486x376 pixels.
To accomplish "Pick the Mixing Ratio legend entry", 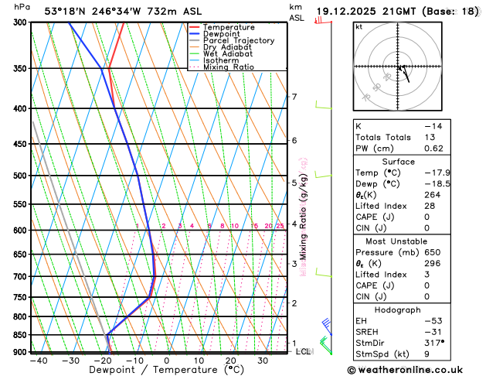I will (x=226, y=67).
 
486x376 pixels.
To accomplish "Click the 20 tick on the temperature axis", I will (x=231, y=361).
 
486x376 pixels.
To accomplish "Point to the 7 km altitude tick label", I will (x=294, y=97).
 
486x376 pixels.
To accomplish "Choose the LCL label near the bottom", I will (x=304, y=352).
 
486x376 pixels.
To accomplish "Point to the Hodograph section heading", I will (x=399, y=309).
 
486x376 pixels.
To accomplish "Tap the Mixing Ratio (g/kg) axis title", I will (x=304, y=210).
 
